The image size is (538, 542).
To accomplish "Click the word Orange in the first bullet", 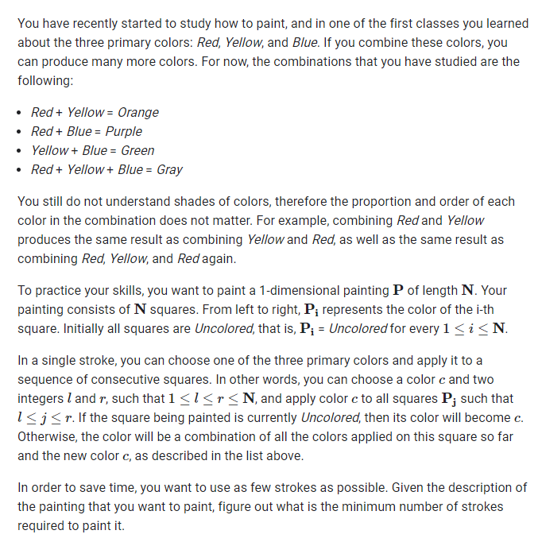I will tap(138, 112).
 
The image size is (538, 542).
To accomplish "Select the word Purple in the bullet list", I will tap(124, 131).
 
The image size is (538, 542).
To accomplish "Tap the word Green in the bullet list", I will tap(137, 150).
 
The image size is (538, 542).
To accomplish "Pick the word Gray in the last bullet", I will tap(169, 169).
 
